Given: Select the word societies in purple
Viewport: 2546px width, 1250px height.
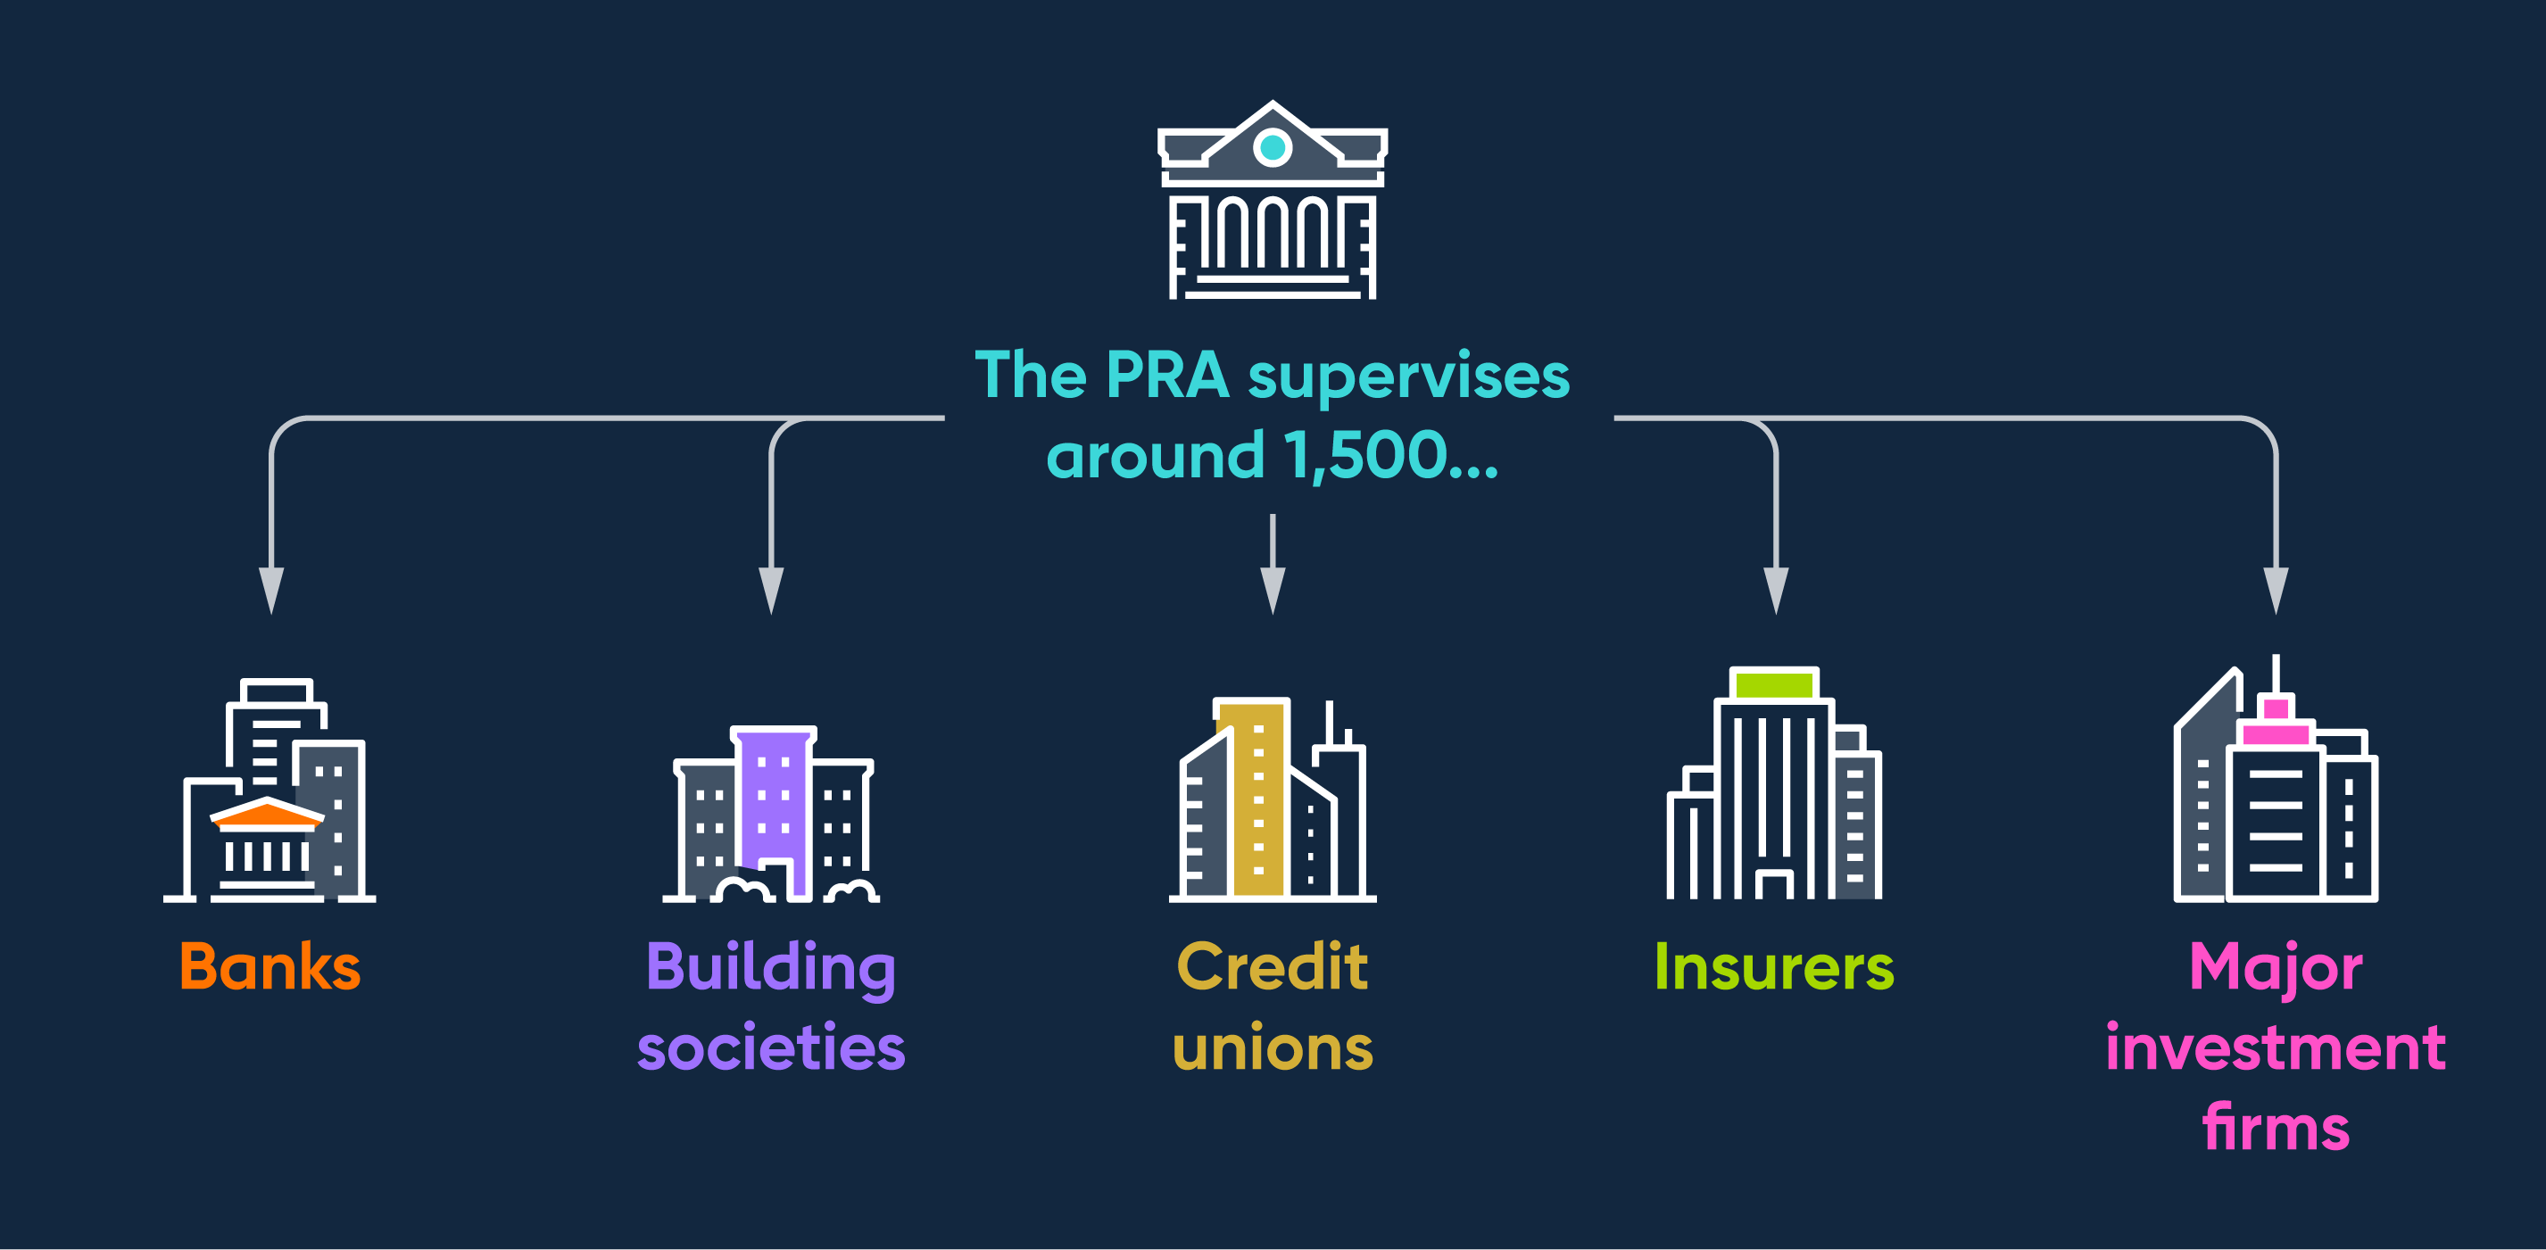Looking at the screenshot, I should coord(771,1047).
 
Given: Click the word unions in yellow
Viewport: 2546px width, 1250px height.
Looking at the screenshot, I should coord(1273,1047).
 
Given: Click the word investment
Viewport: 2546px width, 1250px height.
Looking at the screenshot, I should coord(2276,1047).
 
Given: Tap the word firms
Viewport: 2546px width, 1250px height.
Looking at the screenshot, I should coord(2276,1128).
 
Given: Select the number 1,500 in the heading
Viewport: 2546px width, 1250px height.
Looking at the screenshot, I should coord(1366,456).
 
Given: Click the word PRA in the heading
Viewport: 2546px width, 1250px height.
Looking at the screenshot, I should coord(1167,376).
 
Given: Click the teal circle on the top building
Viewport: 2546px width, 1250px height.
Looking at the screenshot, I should coord(1272,148).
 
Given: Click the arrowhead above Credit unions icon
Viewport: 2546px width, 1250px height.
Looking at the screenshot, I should coord(1273,589).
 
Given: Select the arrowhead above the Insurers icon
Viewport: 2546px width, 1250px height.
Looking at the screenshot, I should coord(1776,589).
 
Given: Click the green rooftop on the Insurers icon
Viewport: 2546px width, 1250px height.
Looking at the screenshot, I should coord(1774,683).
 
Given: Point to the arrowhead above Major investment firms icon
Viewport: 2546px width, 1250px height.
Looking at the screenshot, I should coord(2276,589).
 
